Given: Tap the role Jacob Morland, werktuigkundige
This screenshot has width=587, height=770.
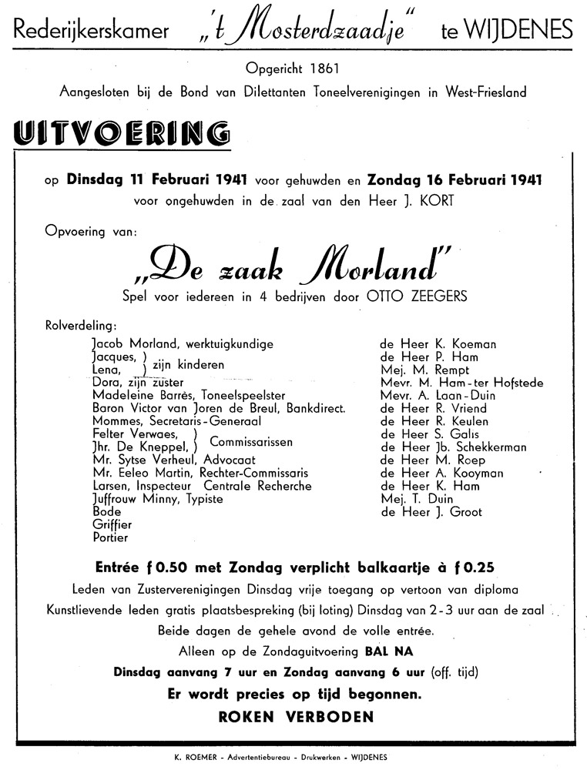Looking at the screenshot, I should [x=182, y=343].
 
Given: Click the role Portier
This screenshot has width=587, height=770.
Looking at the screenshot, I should [x=109, y=537].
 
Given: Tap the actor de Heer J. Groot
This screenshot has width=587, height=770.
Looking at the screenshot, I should [x=430, y=512].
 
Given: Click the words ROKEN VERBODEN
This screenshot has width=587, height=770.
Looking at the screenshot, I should [x=297, y=716].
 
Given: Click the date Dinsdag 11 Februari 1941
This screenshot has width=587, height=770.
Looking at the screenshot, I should [x=156, y=180].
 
